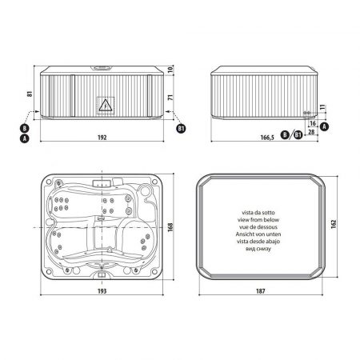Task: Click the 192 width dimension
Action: [x=102, y=138]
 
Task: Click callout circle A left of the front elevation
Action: [x=25, y=138]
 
